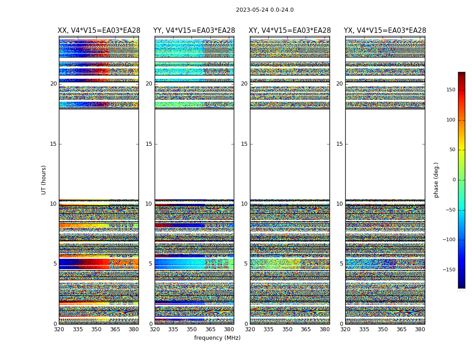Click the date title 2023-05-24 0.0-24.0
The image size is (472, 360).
(265, 10)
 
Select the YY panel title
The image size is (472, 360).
(194, 31)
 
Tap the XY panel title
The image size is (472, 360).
(290, 31)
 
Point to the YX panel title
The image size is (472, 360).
(385, 31)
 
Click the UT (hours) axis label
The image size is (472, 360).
(44, 180)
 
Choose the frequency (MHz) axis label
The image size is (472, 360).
(217, 338)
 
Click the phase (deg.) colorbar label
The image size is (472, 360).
(436, 180)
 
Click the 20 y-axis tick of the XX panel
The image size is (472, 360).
(53, 84)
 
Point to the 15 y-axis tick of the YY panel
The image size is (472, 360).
(149, 144)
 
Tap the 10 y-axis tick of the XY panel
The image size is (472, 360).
(244, 204)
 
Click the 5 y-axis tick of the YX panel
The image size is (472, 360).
(341, 264)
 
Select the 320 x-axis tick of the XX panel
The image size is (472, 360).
(59, 329)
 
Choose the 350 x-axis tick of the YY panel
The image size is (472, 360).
(192, 329)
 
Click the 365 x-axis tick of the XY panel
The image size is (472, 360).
(306, 329)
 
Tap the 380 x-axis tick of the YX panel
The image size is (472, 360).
(420, 329)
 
